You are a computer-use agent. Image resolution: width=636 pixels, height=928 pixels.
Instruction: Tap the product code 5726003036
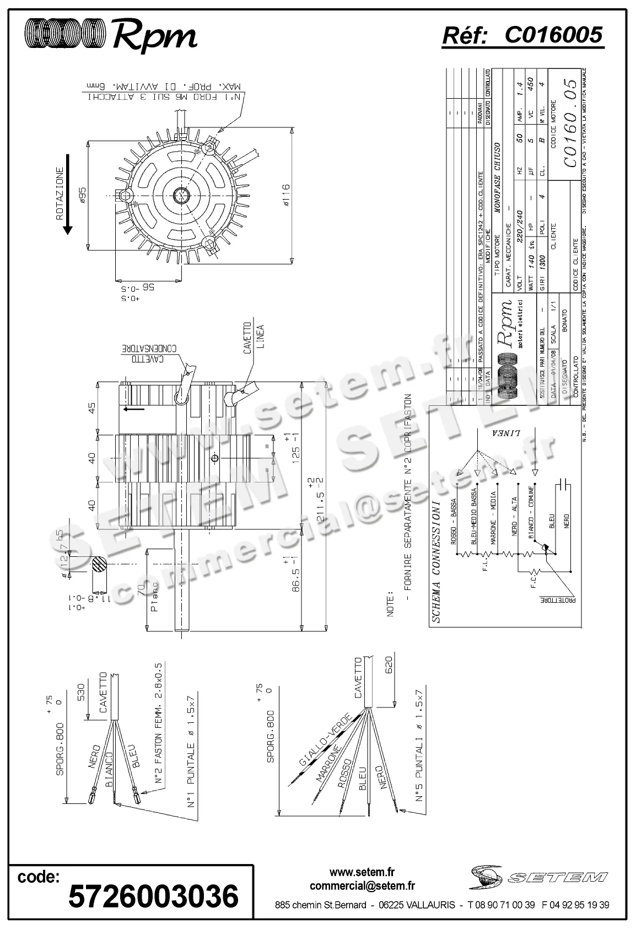coord(153,895)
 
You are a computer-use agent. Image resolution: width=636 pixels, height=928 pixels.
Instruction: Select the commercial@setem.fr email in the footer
coord(362,886)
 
